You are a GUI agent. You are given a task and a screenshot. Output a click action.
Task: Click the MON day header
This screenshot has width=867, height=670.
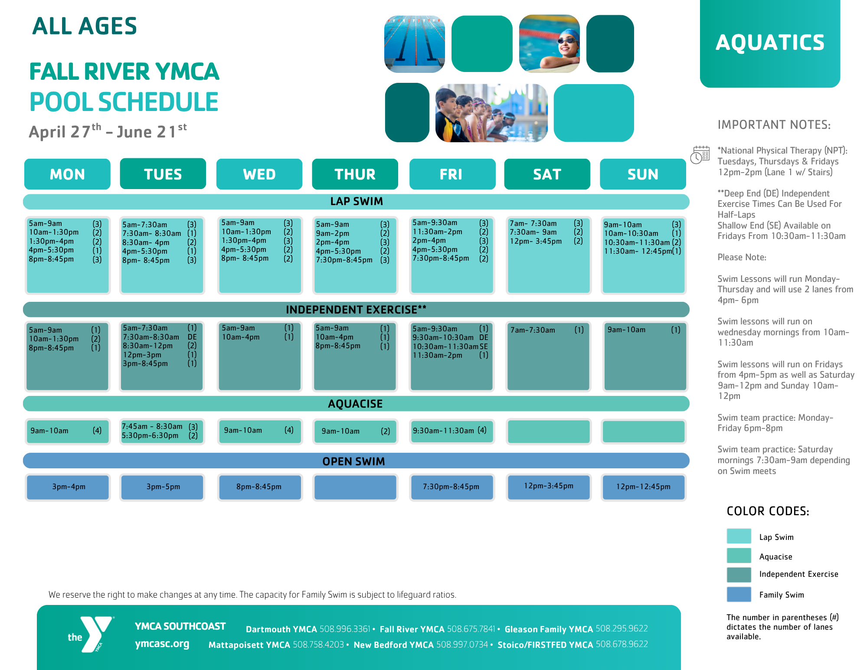67,174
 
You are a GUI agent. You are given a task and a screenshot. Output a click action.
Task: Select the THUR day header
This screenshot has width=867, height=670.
355,174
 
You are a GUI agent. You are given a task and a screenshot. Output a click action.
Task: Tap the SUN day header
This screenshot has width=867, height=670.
643,174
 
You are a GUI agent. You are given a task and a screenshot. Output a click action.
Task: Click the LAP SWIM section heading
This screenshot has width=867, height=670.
356,202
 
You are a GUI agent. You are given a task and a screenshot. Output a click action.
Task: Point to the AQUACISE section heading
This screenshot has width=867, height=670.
355,404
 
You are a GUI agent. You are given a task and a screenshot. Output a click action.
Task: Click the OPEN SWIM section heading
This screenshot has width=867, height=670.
353,461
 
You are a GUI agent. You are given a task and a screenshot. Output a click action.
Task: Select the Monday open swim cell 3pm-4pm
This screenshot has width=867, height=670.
68,487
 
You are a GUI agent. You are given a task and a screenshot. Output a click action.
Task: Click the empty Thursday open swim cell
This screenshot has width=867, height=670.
355,487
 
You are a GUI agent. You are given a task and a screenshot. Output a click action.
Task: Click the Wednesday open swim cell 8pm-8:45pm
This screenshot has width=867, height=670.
259,487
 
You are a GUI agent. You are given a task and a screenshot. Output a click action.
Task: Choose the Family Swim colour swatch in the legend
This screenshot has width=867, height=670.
739,594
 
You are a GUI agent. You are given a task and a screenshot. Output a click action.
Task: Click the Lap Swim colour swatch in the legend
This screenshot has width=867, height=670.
739,536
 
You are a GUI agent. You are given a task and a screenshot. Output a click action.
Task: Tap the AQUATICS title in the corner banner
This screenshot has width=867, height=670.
770,42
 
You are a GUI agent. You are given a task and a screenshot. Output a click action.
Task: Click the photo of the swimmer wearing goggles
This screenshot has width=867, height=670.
549,44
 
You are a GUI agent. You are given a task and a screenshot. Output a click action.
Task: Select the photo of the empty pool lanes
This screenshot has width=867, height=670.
414,44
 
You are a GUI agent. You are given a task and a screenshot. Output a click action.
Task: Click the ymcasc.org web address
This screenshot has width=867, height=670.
162,644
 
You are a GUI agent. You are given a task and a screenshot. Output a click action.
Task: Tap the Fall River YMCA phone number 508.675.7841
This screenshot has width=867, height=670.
471,629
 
